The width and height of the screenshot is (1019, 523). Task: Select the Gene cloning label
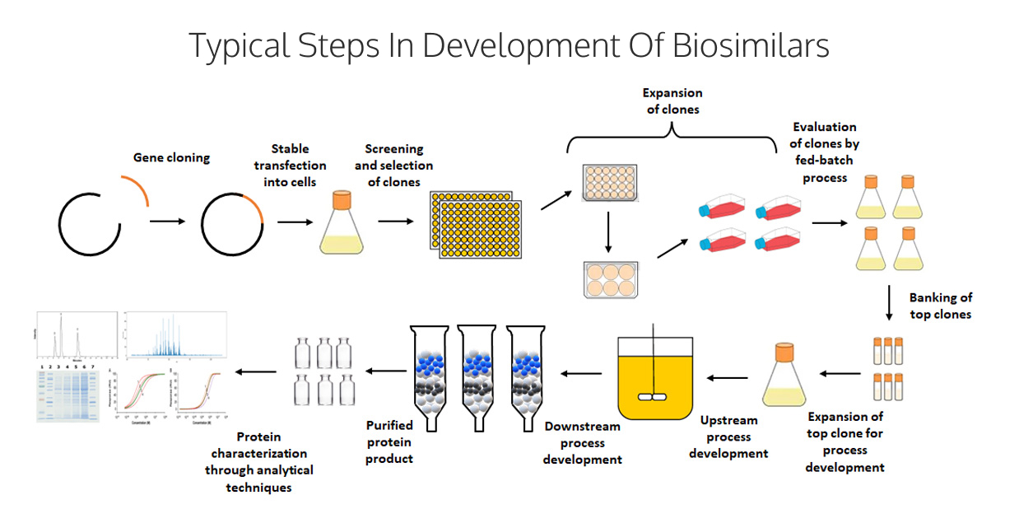click(x=172, y=156)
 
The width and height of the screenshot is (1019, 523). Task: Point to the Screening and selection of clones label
click(x=393, y=165)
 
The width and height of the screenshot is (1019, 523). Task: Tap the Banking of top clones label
click(x=940, y=306)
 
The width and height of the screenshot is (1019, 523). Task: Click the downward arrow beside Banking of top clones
click(x=889, y=302)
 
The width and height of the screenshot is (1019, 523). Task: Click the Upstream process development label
click(x=728, y=437)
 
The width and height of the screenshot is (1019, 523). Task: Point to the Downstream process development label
click(x=582, y=442)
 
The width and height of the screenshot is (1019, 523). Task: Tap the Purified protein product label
click(x=389, y=441)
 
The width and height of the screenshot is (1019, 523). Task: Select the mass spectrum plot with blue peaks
click(x=175, y=337)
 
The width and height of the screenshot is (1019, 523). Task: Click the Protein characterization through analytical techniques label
click(x=259, y=461)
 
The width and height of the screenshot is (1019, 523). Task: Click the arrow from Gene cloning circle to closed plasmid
click(x=171, y=222)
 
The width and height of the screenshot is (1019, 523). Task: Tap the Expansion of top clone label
click(x=845, y=441)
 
